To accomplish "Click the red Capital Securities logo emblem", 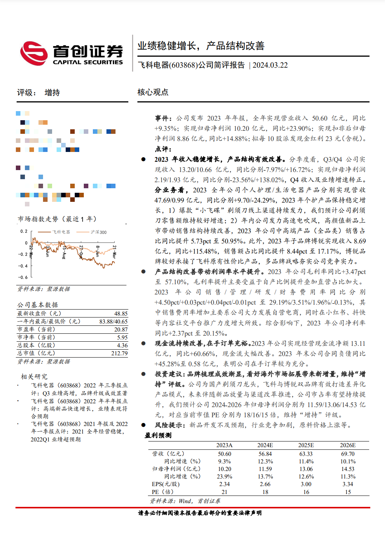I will [x=34, y=53].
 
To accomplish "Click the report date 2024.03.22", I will [x=270, y=65].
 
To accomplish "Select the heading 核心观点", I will [x=153, y=92].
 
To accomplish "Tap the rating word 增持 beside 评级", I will [x=52, y=93].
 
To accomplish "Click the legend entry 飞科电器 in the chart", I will [x=61, y=232].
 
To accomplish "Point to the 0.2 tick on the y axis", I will [x=24, y=231].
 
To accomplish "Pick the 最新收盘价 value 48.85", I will [x=121, y=314].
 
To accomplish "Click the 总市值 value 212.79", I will [x=119, y=353].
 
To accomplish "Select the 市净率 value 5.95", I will [x=122, y=338].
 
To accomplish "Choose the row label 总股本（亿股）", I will [x=36, y=345].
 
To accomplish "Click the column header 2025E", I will [x=306, y=445].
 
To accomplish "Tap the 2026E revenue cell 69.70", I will [x=348, y=454].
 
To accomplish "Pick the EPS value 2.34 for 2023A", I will [x=224, y=484].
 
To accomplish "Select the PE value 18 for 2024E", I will [x=265, y=492].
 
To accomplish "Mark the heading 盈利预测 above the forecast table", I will [x=158, y=435].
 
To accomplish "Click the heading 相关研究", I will [x=34, y=376].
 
